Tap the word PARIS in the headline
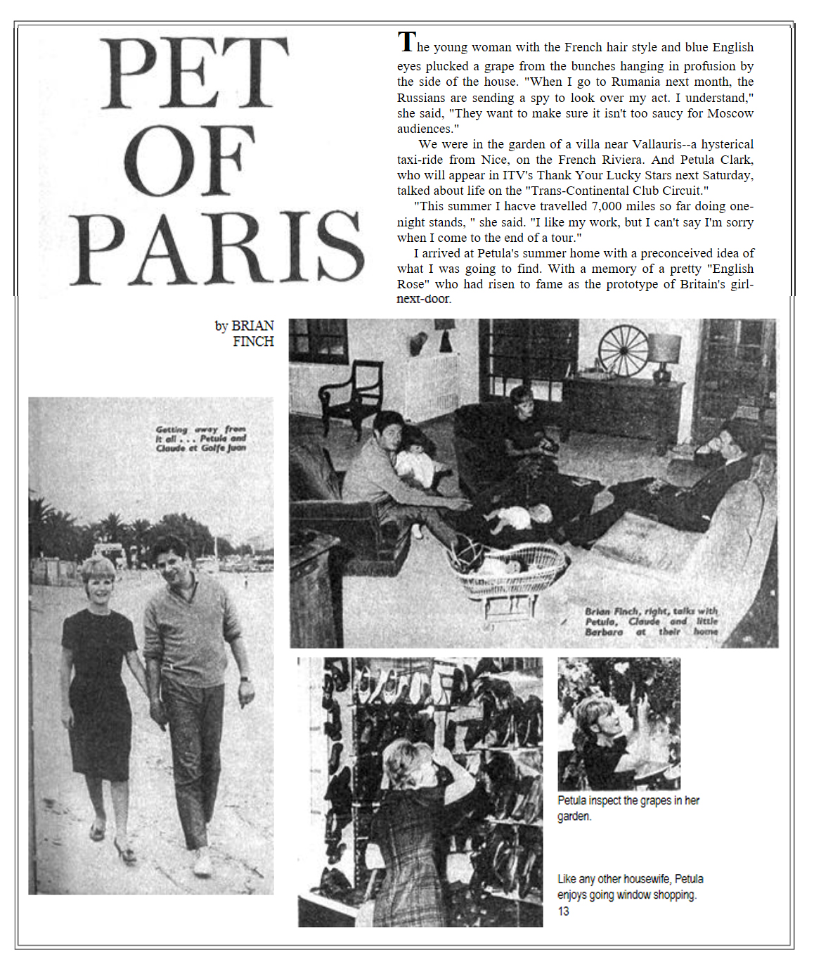(x=217, y=247)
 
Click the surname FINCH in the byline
(x=253, y=342)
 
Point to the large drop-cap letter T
(x=406, y=42)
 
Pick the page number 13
(x=563, y=911)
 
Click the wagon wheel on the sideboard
(x=623, y=350)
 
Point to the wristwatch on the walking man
(x=244, y=679)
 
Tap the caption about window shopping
(x=630, y=887)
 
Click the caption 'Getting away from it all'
(x=200, y=438)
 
